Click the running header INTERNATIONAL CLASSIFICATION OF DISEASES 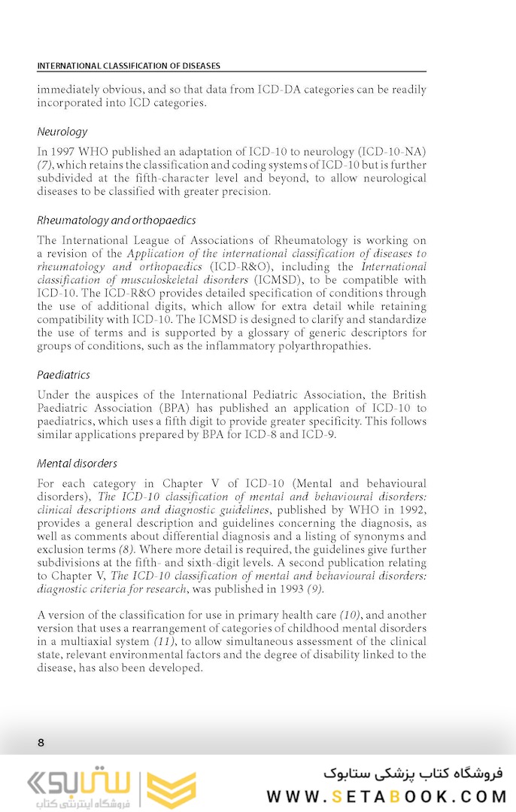tap(129, 65)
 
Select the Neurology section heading tap(62, 132)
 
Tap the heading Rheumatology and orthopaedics tap(117, 220)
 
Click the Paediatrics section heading tap(64, 375)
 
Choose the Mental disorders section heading tap(77, 464)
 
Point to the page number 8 tap(41, 743)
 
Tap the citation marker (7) tap(45, 165)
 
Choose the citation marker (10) tap(351, 615)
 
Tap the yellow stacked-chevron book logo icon tap(170, 790)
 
